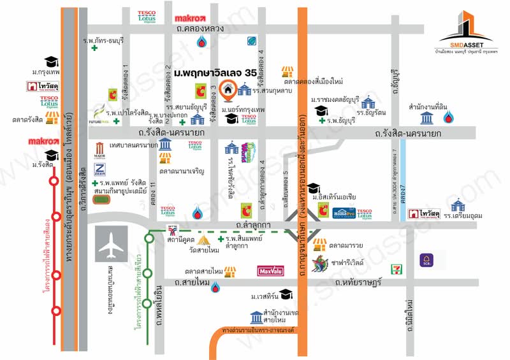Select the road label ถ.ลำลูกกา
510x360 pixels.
(x=254, y=225)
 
